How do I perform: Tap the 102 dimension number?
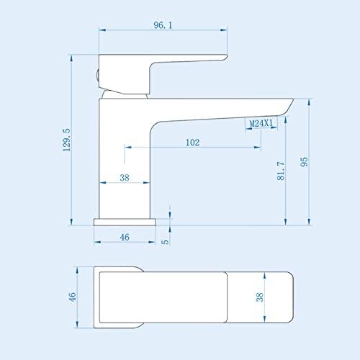point(192,142)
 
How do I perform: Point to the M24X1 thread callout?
point(260,124)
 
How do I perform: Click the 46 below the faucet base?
point(124,236)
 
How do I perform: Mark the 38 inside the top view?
point(260,296)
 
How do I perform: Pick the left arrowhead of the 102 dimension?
point(128,148)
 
